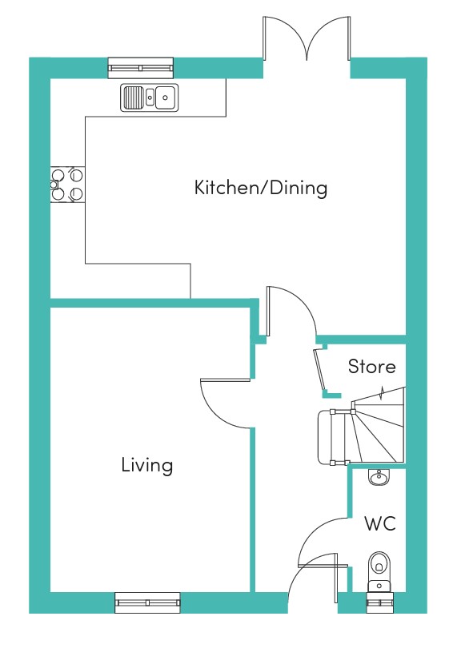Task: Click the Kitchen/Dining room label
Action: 261,188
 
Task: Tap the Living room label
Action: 147,465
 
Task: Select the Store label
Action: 371,367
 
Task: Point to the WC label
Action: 380,523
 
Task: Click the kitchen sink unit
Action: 150,97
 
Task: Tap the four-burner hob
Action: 67,185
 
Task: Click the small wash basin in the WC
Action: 379,477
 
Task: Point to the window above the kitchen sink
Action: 141,68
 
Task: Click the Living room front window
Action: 147,602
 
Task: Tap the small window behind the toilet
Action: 379,603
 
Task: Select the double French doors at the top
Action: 307,38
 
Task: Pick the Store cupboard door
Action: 319,371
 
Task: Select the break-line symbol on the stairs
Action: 383,393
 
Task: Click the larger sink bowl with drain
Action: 166,97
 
